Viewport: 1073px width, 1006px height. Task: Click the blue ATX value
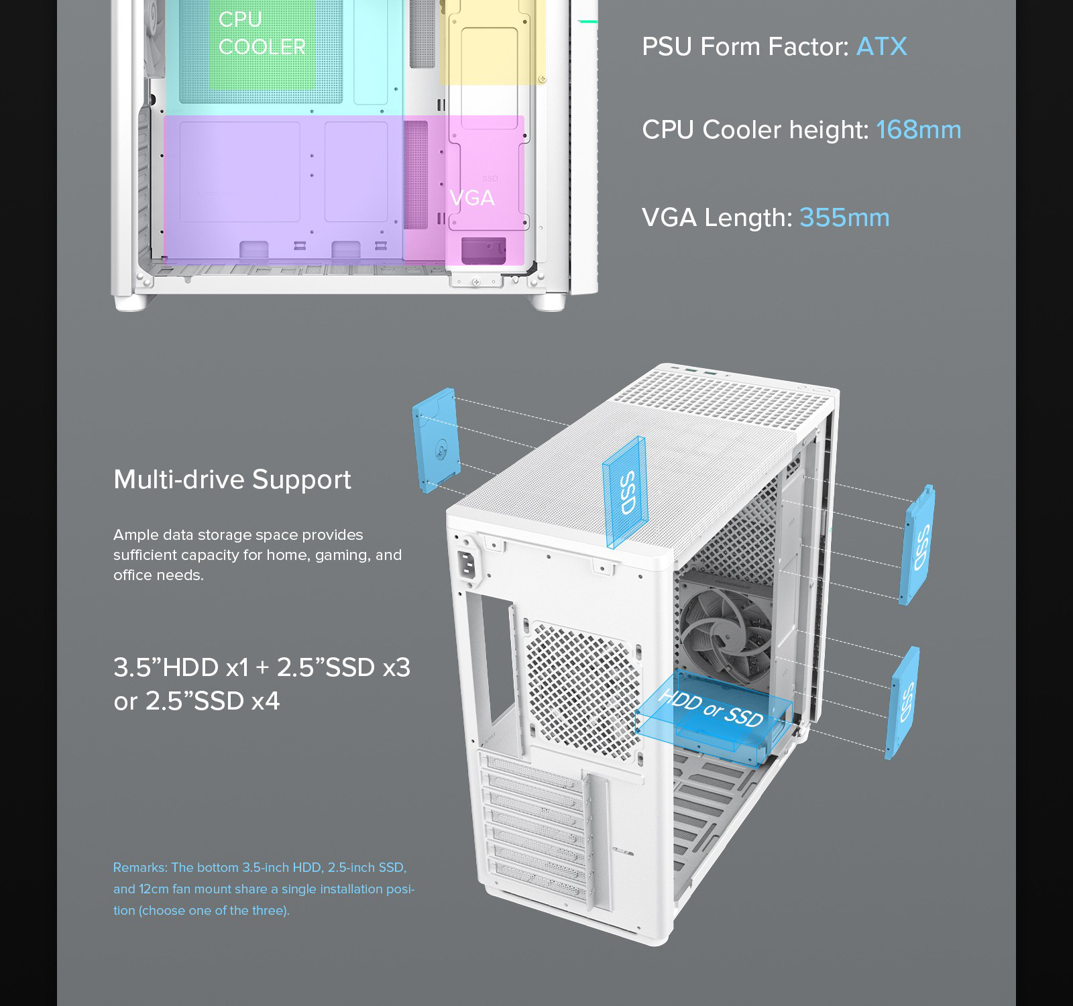881,47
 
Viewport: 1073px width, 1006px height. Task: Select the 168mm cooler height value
918,129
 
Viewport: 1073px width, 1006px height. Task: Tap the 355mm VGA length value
844,217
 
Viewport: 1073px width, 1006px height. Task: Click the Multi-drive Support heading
232,480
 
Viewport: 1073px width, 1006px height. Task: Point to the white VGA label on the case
472,198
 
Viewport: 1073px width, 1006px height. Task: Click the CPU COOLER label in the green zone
262,34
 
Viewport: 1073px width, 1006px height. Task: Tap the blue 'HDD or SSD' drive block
713,714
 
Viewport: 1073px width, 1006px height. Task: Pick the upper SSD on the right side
917,545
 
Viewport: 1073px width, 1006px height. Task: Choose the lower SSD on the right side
903,702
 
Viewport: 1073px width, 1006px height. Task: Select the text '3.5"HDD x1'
180,667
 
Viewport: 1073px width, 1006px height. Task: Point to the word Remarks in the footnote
139,867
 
